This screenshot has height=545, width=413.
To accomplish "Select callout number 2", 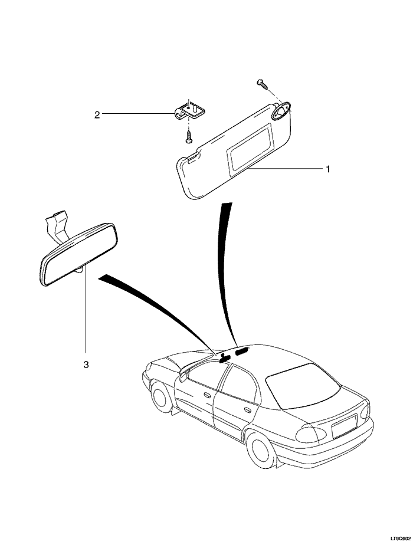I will point(97,114).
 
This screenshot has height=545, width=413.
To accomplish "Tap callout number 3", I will point(86,365).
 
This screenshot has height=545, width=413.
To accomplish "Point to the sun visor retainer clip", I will point(188,110).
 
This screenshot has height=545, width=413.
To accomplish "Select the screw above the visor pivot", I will point(261,83).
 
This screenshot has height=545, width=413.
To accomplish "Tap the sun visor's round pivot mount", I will point(282,110).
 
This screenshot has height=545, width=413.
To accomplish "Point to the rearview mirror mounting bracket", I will point(56,224).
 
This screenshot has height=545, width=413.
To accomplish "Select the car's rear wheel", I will point(261,450).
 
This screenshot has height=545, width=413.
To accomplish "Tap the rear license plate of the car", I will point(344,426).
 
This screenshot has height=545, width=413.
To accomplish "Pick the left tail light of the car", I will point(310,435).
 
